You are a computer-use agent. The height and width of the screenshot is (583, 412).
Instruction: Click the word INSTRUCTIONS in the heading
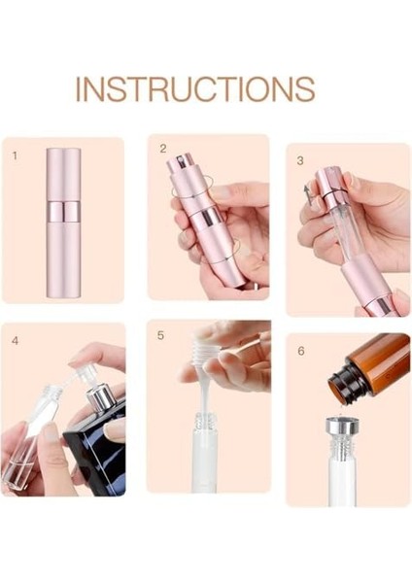point(195,88)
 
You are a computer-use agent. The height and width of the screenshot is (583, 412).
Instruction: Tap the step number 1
point(15,154)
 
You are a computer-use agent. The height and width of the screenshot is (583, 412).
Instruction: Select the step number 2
point(163,149)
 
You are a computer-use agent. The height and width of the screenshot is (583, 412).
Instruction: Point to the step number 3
point(300,158)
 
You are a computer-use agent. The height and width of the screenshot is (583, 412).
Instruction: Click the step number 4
point(15,340)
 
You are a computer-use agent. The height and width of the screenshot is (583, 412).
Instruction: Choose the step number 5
point(161,335)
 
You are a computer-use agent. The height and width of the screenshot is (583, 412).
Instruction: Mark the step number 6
point(300,348)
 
